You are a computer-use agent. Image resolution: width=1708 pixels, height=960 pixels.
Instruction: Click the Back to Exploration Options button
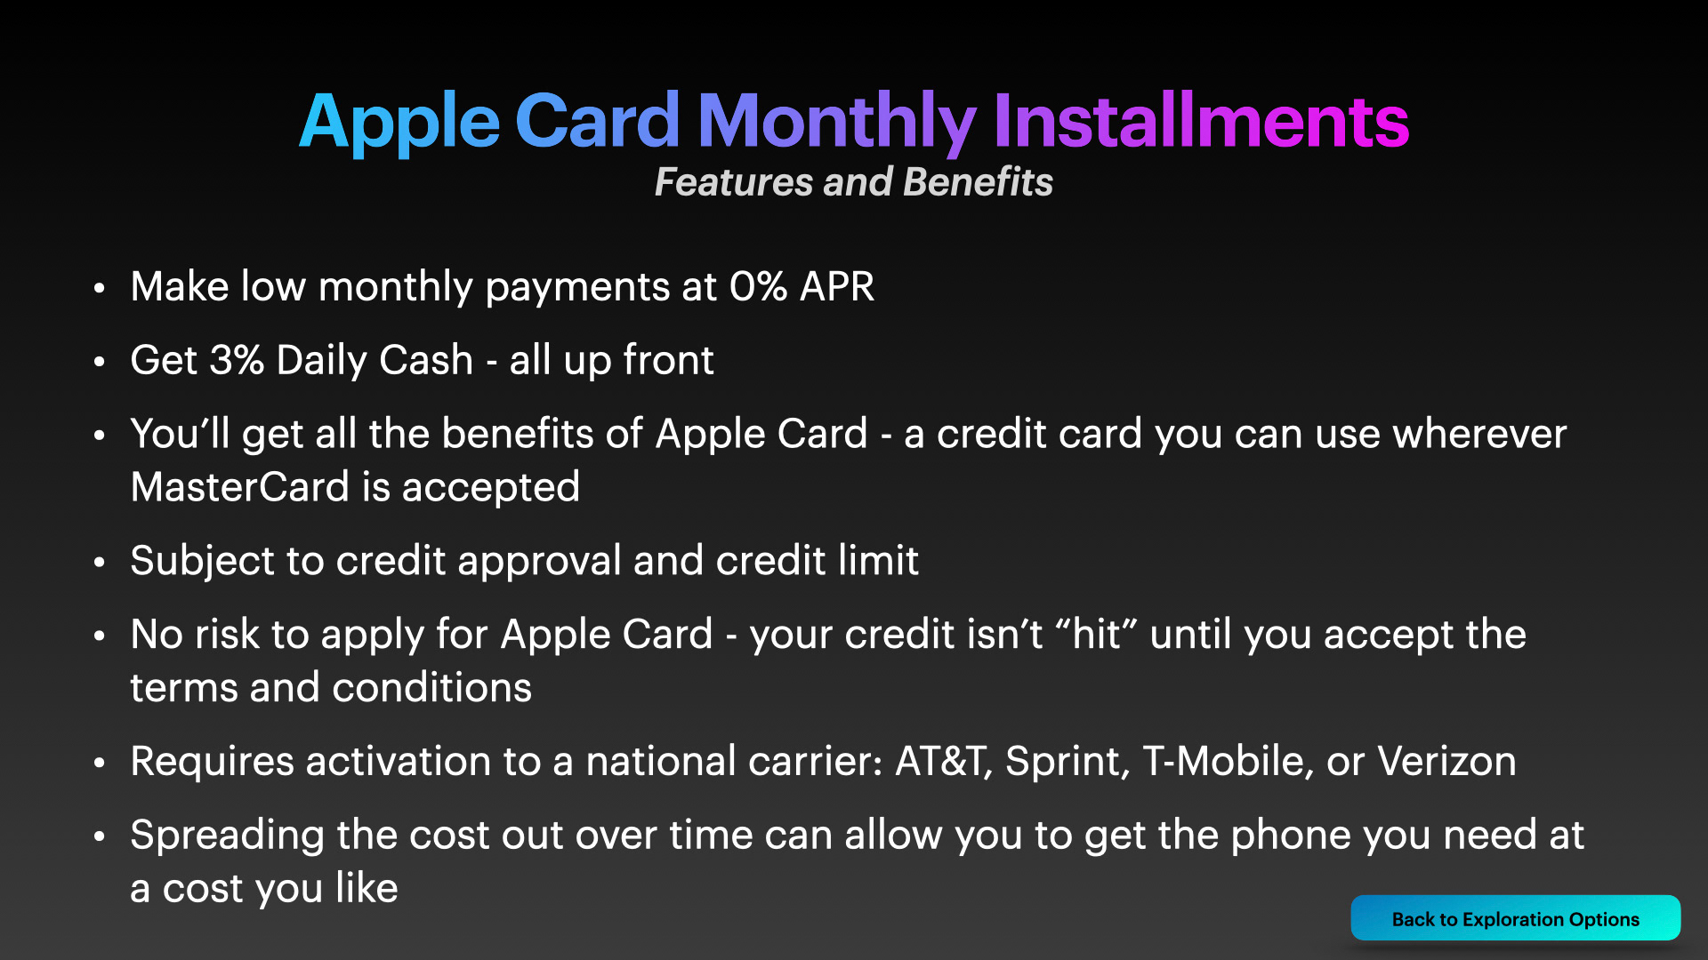click(x=1515, y=918)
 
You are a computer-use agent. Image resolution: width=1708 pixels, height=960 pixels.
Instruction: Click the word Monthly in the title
click(x=837, y=123)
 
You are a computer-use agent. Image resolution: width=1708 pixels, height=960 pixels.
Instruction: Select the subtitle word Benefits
click(x=978, y=181)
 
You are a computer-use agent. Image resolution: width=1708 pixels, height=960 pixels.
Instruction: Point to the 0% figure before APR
click(x=758, y=286)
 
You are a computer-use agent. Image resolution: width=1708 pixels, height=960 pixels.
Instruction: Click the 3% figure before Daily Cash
click(x=237, y=360)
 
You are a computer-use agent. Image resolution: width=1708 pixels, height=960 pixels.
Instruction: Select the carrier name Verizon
click(x=1446, y=762)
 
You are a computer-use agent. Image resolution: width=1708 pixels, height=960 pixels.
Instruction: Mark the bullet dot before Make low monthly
click(x=100, y=287)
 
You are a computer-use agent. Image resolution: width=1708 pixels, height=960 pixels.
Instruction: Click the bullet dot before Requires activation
click(x=100, y=762)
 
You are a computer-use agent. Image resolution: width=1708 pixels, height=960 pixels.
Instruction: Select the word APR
click(x=837, y=286)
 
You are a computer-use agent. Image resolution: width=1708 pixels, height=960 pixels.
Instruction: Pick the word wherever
click(x=1479, y=434)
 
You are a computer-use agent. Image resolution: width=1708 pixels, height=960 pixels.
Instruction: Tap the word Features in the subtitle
click(x=734, y=181)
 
